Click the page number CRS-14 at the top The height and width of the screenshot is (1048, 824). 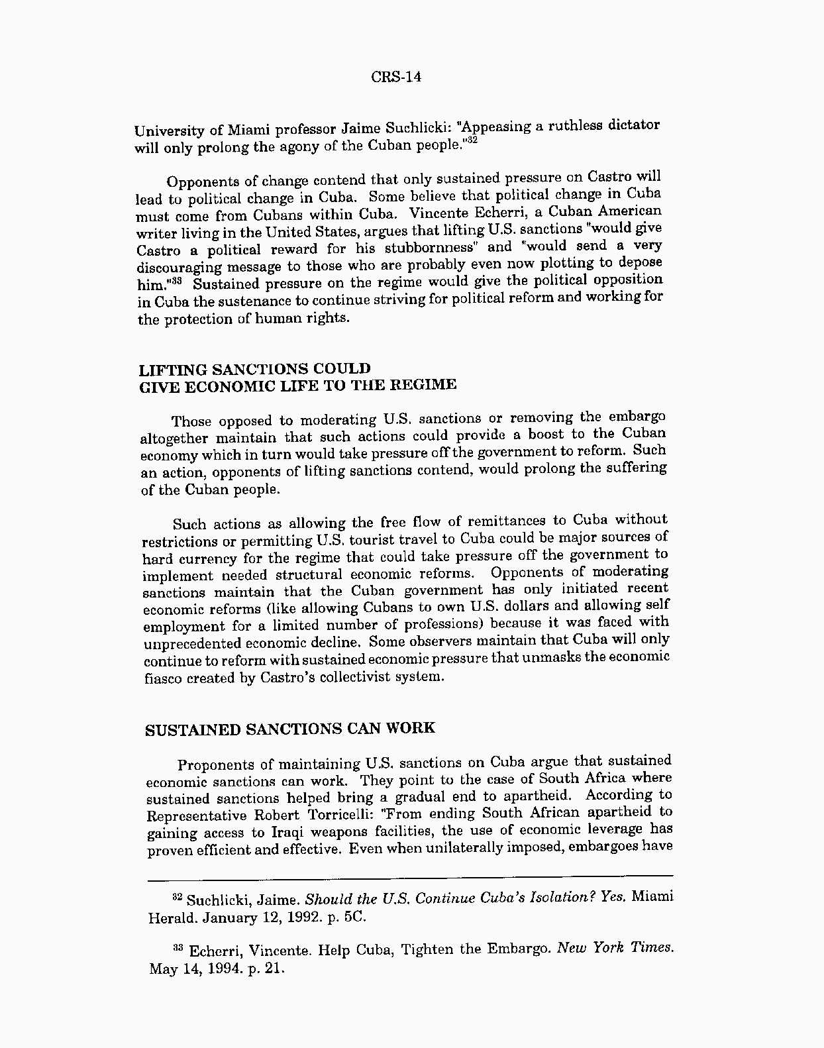[x=395, y=77]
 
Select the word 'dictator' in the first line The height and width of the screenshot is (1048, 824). [x=634, y=124]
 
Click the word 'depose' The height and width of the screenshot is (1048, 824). [x=639, y=262]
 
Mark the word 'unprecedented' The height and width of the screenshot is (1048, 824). [x=193, y=643]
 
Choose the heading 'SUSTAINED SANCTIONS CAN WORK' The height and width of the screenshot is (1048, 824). [x=290, y=729]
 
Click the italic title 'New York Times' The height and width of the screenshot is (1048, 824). [x=615, y=948]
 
